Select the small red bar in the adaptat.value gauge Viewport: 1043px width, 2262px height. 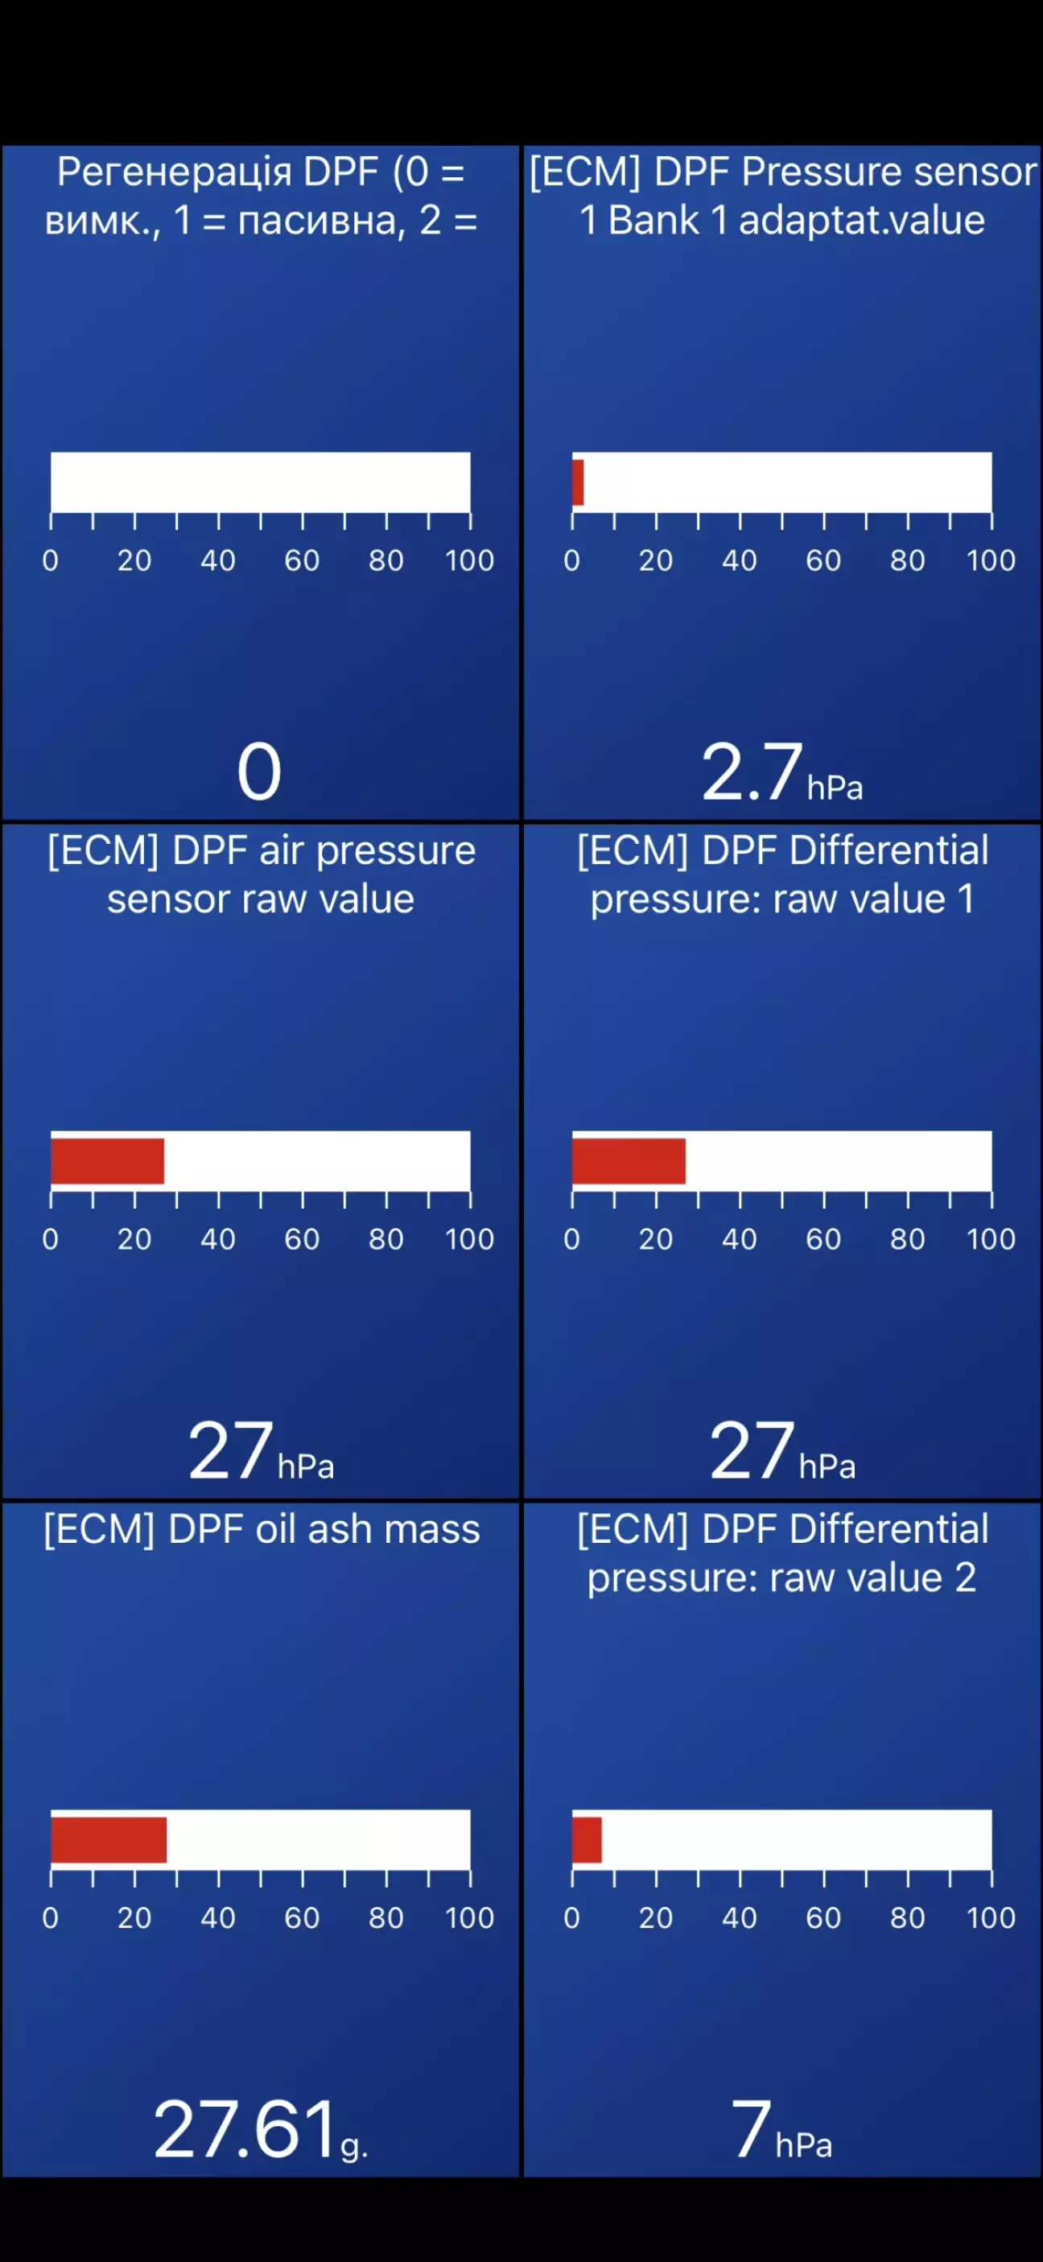point(578,482)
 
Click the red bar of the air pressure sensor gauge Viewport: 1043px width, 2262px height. point(107,1161)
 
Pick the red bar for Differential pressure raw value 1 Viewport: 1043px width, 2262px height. point(629,1161)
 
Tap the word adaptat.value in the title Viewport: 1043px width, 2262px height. point(861,221)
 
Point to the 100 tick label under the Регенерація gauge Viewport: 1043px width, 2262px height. point(470,560)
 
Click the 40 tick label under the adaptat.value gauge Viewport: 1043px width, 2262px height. point(740,560)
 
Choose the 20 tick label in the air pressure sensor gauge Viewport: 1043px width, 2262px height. point(134,1239)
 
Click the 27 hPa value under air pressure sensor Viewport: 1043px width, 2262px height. point(230,1449)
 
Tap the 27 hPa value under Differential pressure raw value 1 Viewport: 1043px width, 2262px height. point(752,1449)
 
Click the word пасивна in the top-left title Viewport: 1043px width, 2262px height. point(321,221)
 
